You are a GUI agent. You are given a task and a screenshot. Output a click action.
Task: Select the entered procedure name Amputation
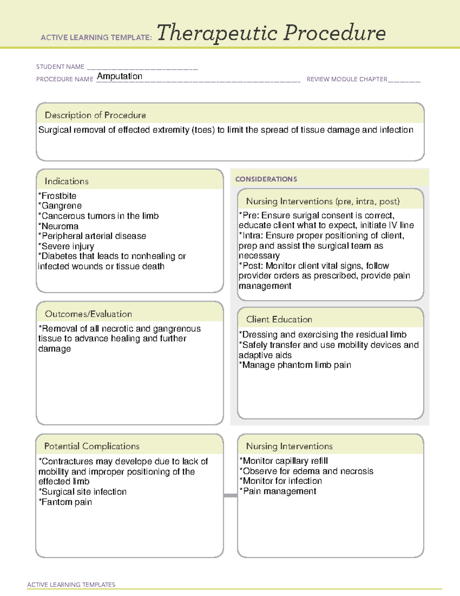pos(119,76)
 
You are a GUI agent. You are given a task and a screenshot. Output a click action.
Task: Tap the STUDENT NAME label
pos(60,67)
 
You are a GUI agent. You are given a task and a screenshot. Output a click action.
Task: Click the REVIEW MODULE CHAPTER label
pos(347,79)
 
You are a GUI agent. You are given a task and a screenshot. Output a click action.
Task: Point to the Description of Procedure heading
pos(95,115)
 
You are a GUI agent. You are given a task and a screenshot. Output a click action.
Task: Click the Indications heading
pos(67,181)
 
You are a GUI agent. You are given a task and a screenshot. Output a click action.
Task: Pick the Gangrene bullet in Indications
pos(60,206)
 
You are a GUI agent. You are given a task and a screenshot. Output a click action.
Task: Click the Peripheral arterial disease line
pos(92,236)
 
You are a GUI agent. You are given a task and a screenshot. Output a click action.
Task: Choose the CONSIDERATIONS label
pos(266,179)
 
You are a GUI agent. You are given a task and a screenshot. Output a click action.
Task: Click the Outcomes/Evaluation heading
pos(88,314)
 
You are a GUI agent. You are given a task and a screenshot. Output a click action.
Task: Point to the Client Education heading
pos(279,319)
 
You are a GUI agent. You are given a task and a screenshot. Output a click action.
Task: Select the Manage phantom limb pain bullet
pos(295,365)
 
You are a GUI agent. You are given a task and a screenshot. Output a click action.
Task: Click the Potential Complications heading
pos(92,446)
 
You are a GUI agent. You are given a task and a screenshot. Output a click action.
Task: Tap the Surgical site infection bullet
pos(83,492)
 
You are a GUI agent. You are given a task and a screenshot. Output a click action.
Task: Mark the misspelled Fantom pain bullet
pos(66,502)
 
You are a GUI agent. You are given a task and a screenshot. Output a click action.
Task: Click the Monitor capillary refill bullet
pos(284,461)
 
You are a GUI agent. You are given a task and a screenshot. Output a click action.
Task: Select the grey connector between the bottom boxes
pos(230,495)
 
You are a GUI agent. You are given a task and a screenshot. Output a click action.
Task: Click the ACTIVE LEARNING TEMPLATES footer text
pos(71,584)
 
